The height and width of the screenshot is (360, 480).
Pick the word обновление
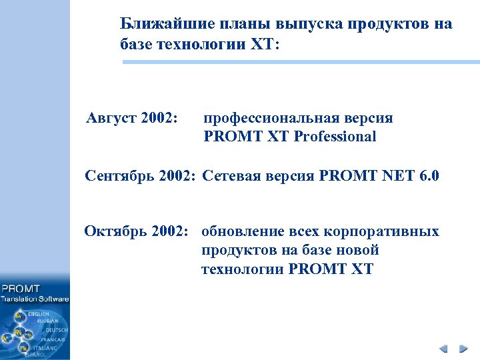coord(242,232)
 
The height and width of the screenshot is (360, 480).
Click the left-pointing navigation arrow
coord(443,349)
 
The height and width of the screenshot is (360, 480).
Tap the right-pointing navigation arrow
coord(462,349)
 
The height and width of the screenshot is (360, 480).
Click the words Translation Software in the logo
coord(35,299)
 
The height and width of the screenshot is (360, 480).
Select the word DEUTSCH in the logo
coord(55,330)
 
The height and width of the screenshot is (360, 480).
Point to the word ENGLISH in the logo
coord(38,313)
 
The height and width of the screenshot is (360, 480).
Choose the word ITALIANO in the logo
coord(47,347)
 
